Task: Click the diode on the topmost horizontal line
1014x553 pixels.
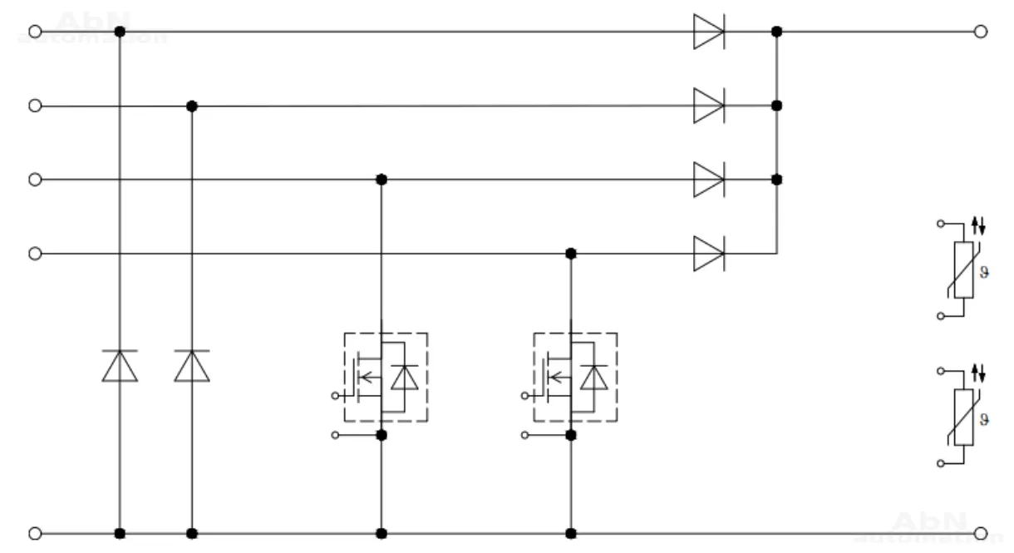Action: click(708, 32)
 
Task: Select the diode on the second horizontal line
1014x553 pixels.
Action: click(708, 106)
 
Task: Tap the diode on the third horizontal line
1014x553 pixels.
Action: click(708, 179)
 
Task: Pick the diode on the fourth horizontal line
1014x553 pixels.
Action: click(708, 253)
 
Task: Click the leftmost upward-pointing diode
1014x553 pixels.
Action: click(120, 366)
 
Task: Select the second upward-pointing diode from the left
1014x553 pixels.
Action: click(192, 366)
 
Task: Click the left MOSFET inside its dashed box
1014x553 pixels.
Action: click(386, 378)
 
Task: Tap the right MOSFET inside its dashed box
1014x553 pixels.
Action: click(574, 378)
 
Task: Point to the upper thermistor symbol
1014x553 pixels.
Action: click(962, 270)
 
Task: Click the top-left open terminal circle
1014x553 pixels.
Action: click(35, 32)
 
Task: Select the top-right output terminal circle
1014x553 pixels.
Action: click(980, 32)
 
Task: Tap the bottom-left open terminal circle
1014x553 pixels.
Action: click(35, 532)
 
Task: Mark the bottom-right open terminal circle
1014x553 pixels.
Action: click(980, 532)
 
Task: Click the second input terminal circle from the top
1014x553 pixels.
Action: click(35, 106)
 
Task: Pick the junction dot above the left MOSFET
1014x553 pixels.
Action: click(381, 179)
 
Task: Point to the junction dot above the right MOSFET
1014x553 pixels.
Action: click(570, 253)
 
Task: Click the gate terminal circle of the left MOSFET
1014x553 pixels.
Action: click(335, 395)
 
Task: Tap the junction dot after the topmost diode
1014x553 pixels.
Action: click(776, 32)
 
